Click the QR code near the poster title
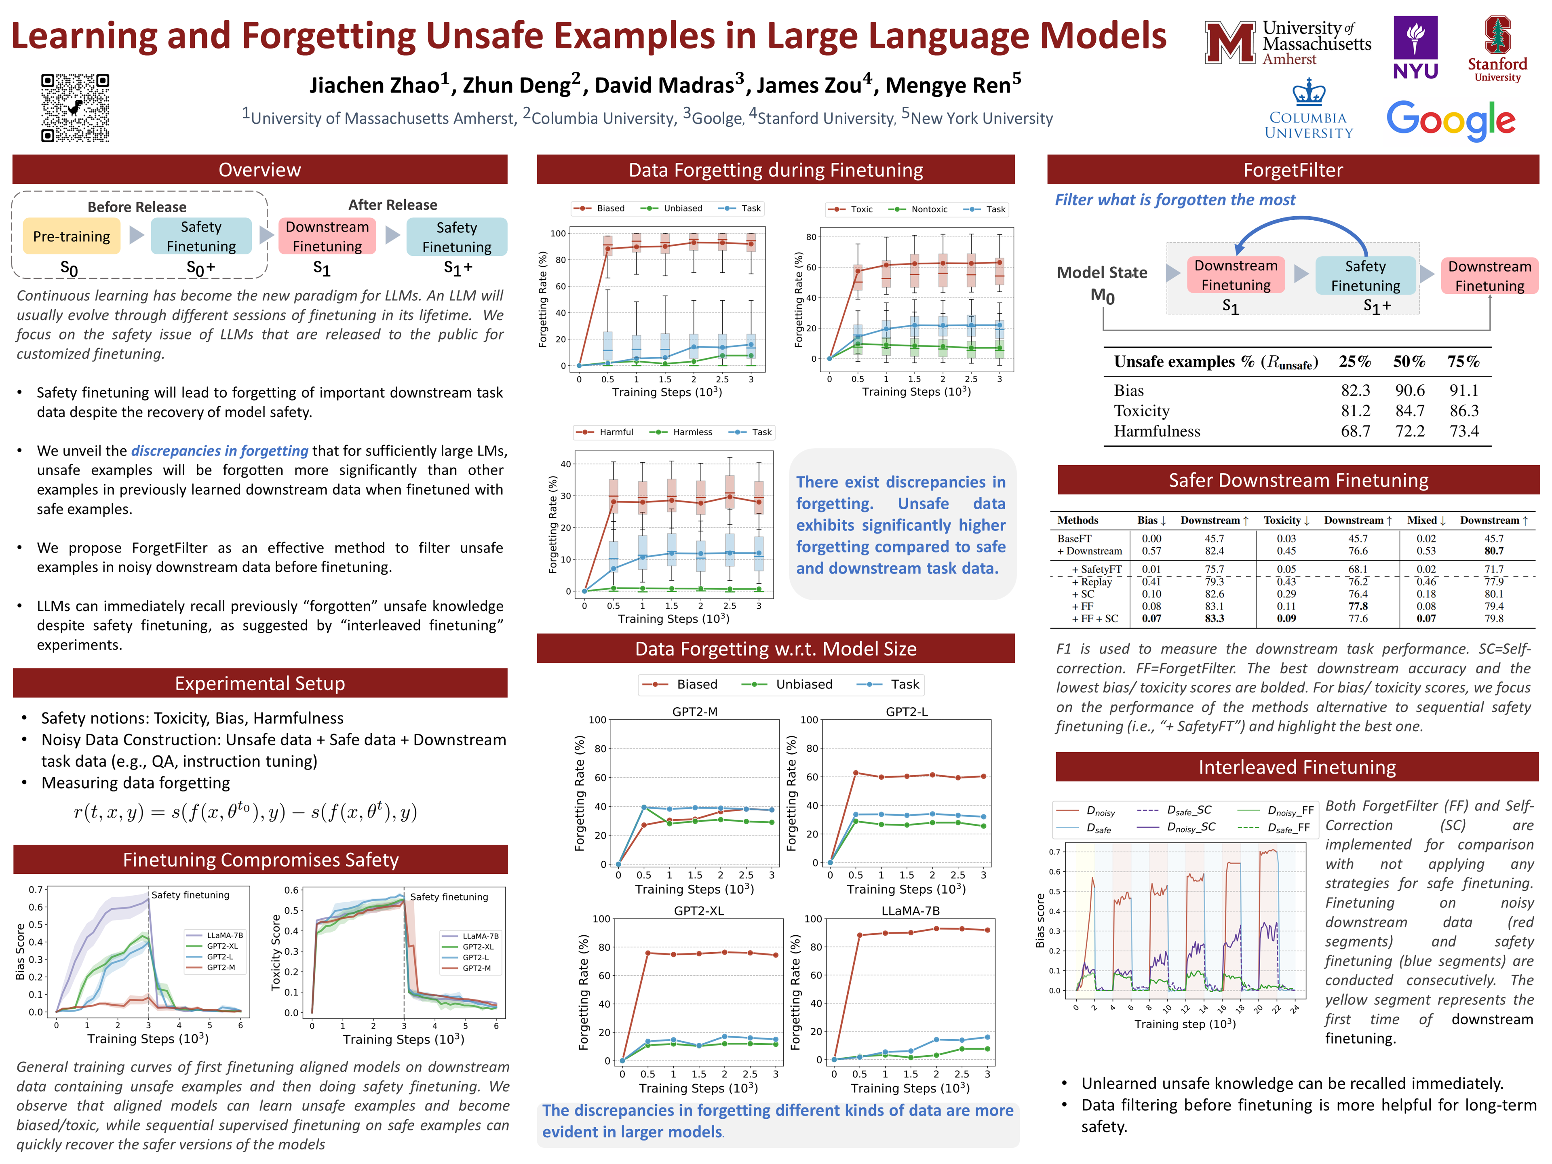click(x=75, y=108)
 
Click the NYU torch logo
click(x=1415, y=47)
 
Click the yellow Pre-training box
click(x=72, y=236)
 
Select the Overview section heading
click(x=259, y=170)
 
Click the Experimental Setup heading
click(x=259, y=683)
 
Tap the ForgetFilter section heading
click(x=1293, y=170)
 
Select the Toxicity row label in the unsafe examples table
click(x=1141, y=411)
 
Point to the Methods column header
click(x=1078, y=520)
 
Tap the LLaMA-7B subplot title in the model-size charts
click(x=910, y=911)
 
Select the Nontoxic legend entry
click(x=928, y=209)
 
